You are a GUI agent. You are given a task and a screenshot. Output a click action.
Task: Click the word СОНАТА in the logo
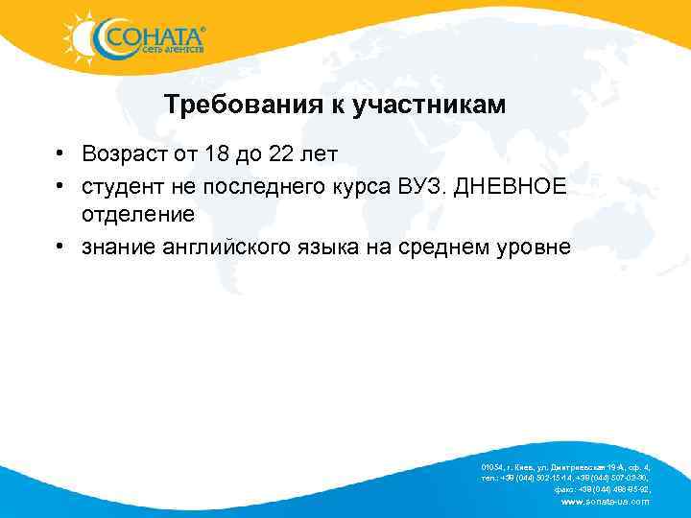tap(152, 36)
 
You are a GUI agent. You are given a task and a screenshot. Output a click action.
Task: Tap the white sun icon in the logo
tap(82, 37)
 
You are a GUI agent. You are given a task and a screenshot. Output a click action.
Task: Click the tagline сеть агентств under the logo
tap(172, 51)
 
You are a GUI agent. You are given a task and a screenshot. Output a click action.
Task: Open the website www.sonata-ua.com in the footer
tap(604, 501)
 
